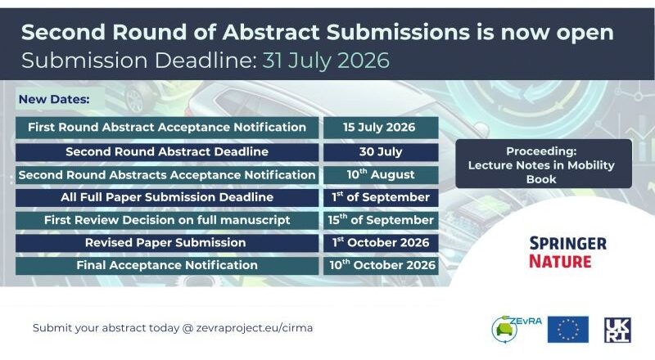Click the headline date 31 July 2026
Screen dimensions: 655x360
pos(326,61)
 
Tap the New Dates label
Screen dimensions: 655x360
pos(54,99)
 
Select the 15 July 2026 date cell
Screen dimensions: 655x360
pos(381,128)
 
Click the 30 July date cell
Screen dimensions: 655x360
pos(381,152)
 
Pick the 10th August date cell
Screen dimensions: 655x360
pos(381,174)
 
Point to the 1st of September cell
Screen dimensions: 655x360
pos(381,197)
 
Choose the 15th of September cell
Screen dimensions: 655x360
pos(381,220)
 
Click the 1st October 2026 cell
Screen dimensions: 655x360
pos(381,243)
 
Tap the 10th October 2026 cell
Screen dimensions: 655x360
pos(381,266)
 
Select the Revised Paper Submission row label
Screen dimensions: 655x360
pos(165,243)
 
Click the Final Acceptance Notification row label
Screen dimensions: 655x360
pos(167,265)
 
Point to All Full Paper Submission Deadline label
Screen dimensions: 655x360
pos(167,197)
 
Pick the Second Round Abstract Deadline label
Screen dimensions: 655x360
pos(167,151)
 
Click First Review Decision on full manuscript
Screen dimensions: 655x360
pos(167,220)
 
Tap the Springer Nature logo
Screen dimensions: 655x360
pos(567,252)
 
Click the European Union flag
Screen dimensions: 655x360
pos(568,329)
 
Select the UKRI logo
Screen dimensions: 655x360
pos(617,330)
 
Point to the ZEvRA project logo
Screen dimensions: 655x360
pos(517,329)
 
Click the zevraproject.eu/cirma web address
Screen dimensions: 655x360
pos(255,328)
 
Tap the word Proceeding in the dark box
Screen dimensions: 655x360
pos(541,151)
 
